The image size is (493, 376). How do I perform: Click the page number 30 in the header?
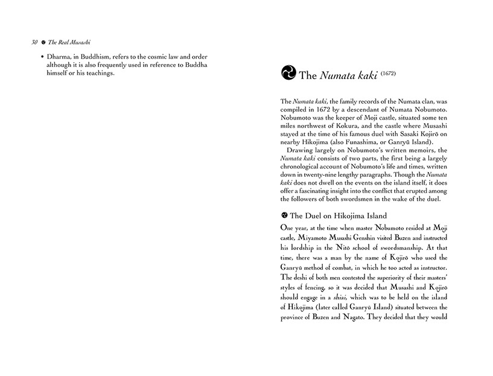point(18,43)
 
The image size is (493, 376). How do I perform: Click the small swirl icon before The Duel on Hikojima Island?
point(284,215)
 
